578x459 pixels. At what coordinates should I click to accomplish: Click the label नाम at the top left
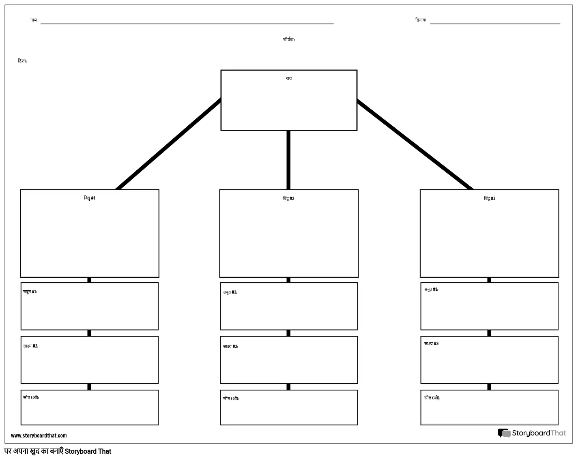click(x=33, y=20)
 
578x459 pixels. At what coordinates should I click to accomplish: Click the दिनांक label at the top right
click(x=421, y=20)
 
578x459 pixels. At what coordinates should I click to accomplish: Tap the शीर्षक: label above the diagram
click(x=289, y=39)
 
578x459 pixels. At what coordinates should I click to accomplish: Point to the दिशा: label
click(x=23, y=61)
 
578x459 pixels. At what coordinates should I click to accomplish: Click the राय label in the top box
click(x=289, y=78)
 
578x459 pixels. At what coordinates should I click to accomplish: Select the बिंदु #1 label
click(x=90, y=198)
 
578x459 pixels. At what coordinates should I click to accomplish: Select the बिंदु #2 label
click(x=288, y=198)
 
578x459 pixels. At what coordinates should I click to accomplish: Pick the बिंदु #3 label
click(x=490, y=198)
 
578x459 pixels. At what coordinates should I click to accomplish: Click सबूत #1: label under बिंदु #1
click(x=30, y=292)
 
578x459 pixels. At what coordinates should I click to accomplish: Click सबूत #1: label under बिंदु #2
click(x=230, y=292)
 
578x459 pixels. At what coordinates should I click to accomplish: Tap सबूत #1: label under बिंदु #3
click(x=431, y=289)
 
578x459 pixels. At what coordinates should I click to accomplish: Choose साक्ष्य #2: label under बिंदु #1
click(x=31, y=346)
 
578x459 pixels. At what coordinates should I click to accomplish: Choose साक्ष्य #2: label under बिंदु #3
click(x=432, y=343)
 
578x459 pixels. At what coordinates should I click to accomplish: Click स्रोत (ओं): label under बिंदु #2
click(x=231, y=399)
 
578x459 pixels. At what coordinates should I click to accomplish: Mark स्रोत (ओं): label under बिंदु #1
click(x=31, y=397)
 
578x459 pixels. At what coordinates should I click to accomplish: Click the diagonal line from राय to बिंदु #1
click(x=168, y=144)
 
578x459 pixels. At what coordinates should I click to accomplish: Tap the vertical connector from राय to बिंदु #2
click(x=288, y=160)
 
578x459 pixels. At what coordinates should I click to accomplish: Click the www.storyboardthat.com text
click(x=39, y=435)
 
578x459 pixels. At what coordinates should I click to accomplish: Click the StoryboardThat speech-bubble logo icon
click(x=504, y=433)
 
